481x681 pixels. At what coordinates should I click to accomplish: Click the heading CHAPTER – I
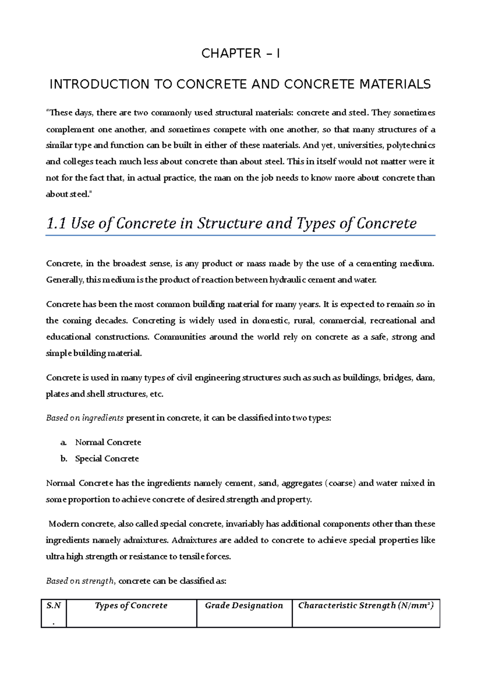point(240,53)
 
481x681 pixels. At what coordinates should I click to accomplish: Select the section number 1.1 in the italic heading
point(56,223)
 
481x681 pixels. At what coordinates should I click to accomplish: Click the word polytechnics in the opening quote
point(411,145)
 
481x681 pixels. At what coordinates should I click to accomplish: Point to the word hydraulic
point(288,280)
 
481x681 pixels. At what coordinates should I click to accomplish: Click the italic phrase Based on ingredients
point(85,418)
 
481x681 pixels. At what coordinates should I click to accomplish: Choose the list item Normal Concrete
point(108,442)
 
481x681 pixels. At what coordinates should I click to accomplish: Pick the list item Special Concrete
point(107,459)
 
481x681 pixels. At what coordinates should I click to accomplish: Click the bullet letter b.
point(64,459)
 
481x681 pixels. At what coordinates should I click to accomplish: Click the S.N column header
point(53,606)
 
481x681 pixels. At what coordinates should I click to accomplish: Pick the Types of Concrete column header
point(131,606)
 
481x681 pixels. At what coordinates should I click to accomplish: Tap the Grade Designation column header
point(244,606)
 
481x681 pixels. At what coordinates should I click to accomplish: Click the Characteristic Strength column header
point(366,606)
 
